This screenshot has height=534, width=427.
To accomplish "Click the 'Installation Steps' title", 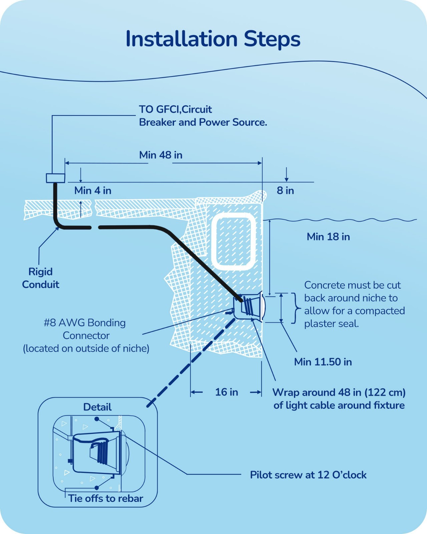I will click(213, 39).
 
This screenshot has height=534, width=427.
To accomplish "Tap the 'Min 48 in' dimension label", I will click(160, 155).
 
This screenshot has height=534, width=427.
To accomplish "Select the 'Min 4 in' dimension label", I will click(93, 191).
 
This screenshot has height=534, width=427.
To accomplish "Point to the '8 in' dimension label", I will click(285, 191).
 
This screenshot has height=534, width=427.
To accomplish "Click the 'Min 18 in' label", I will click(328, 237).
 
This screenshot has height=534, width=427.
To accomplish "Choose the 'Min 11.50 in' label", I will click(323, 362).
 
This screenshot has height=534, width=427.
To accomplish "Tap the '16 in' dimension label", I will click(227, 392).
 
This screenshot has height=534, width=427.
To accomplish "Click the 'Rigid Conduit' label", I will click(40, 278).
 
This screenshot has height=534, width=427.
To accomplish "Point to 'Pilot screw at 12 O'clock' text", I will click(308, 475).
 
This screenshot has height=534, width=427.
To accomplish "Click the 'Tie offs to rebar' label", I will click(105, 499).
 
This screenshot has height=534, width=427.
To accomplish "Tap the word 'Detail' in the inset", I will click(97, 407).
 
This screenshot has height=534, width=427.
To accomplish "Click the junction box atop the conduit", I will click(55, 178).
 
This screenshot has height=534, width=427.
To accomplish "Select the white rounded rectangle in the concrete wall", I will click(234, 242).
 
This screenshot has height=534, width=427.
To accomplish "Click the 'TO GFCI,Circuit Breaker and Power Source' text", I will click(203, 116).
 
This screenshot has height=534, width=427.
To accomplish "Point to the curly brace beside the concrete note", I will click(294, 308).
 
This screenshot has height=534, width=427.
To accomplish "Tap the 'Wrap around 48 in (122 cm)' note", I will click(339, 399).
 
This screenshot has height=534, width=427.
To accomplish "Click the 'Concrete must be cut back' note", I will click(354, 304).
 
